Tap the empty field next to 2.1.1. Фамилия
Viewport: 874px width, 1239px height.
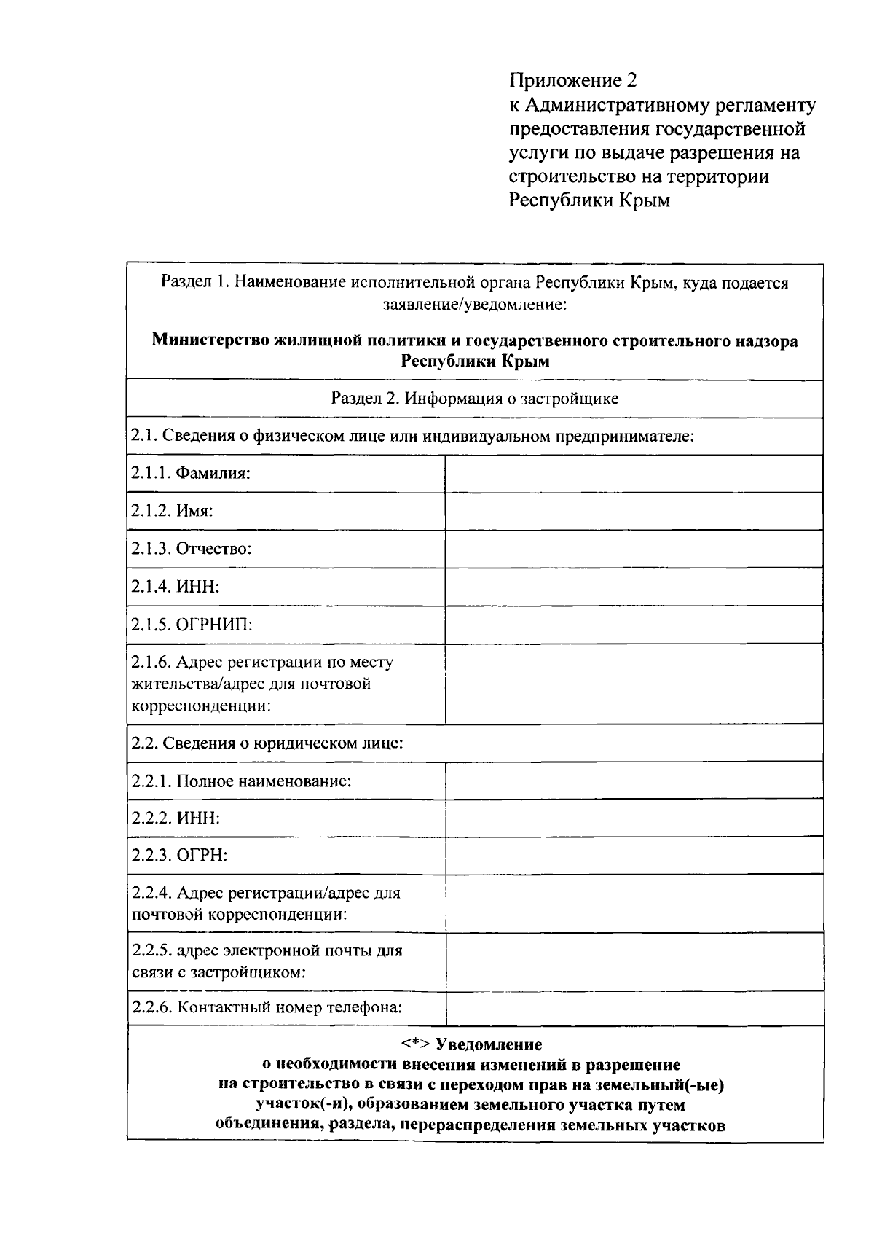tap(634, 474)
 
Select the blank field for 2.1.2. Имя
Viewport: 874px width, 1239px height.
tap(634, 511)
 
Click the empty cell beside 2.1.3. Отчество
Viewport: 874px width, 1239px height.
tap(634, 549)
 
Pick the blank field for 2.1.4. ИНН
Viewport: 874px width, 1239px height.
tap(634, 587)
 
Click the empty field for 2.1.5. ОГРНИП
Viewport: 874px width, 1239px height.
tap(634, 625)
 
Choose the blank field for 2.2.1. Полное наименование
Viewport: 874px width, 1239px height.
tap(634, 781)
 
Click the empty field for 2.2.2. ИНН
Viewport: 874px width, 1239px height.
tap(634, 818)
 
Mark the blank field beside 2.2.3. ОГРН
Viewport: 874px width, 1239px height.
tap(634, 856)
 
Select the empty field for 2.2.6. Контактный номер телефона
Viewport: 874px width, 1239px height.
tap(634, 1008)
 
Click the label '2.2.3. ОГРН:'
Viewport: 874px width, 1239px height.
tap(179, 856)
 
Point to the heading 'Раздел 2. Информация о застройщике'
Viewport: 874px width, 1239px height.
tap(475, 399)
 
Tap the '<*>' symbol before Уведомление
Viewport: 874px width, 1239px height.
tap(416, 1045)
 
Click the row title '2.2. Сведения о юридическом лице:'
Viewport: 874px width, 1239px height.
tap(267, 743)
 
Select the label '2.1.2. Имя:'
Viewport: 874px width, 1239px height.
tap(172, 511)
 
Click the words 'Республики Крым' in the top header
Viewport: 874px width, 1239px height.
tap(588, 200)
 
